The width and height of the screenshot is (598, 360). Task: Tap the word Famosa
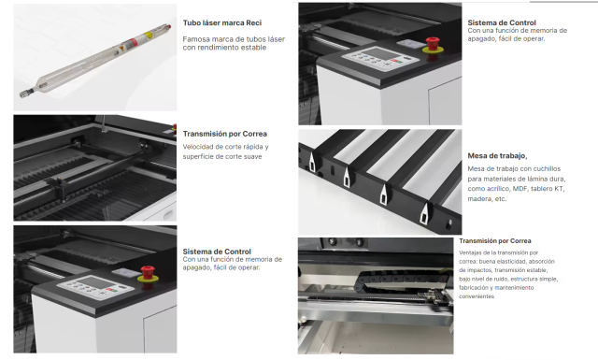click(x=199, y=38)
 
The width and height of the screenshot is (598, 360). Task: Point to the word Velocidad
click(x=198, y=147)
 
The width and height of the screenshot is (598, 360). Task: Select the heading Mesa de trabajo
click(x=497, y=155)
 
